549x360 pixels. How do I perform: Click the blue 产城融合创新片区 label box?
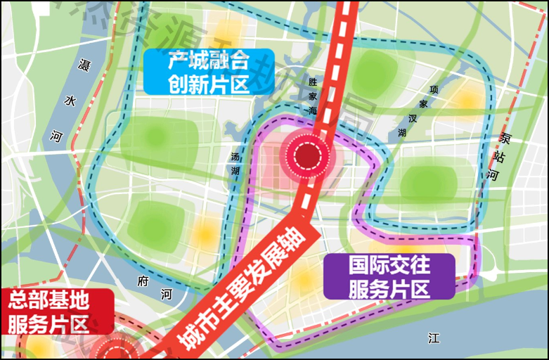(x=208, y=72)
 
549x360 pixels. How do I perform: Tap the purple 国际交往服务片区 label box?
(x=389, y=276)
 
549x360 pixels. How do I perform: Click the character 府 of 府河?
(x=143, y=281)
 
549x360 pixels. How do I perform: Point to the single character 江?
(x=434, y=338)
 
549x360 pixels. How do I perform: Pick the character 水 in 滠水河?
(x=70, y=101)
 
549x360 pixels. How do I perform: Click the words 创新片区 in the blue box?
(x=209, y=84)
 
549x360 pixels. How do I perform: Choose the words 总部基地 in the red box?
(x=49, y=302)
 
